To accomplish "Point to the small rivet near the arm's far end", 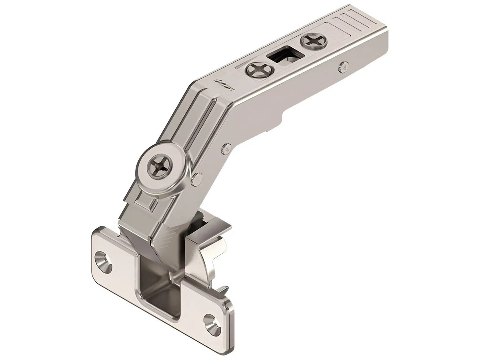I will (343, 66).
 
